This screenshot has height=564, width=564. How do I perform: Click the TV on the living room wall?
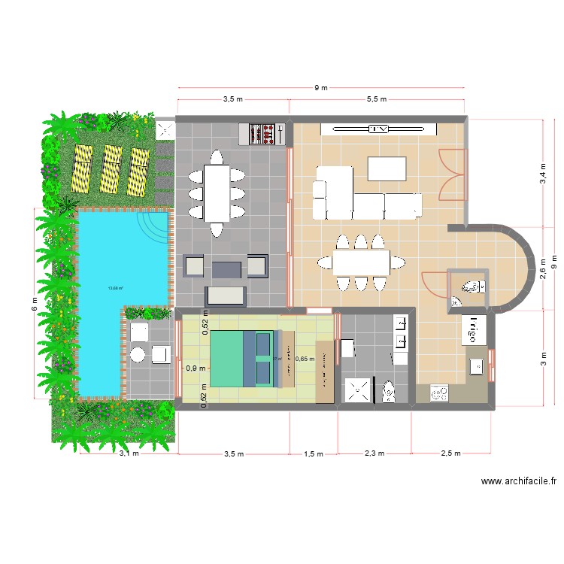point(378,129)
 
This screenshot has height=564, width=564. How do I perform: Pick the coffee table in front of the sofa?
point(387,168)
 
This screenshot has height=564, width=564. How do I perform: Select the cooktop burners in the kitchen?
point(438,392)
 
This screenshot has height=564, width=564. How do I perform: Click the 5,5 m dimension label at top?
point(377,99)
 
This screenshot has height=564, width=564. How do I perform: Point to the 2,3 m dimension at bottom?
point(374,453)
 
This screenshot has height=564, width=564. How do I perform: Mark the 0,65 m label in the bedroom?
point(305,359)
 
